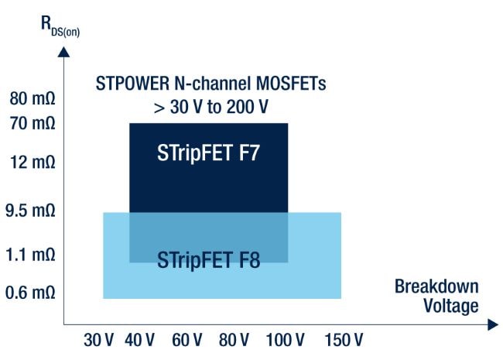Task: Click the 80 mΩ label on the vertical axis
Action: (x=33, y=99)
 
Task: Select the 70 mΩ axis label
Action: (x=33, y=122)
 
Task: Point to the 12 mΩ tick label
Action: (x=33, y=163)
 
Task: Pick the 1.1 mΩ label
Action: (x=33, y=255)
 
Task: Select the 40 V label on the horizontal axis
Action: (x=139, y=340)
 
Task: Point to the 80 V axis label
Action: (x=234, y=340)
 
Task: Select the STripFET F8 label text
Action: (x=208, y=259)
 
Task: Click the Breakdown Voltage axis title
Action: (x=436, y=296)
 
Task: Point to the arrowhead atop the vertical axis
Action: (x=64, y=51)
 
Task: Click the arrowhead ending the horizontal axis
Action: (x=493, y=325)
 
